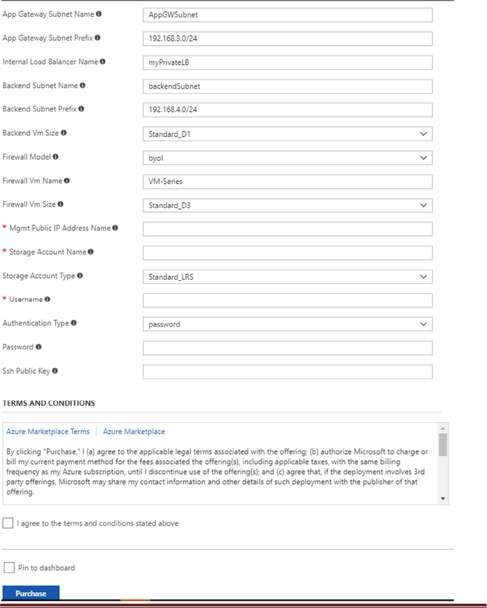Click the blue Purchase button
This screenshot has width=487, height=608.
coord(31,593)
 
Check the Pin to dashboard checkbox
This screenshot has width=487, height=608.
coord(9,568)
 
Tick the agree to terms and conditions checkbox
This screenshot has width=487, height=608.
coord(8,523)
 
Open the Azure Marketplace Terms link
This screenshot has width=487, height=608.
coord(48,431)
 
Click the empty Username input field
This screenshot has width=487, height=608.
coord(288,300)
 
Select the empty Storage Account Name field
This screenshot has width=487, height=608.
coord(288,253)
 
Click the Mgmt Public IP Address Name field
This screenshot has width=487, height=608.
coord(288,229)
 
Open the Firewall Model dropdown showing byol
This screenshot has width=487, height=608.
coord(288,158)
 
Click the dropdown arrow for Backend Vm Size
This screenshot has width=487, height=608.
coord(423,134)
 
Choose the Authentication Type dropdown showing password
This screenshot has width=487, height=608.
coord(288,324)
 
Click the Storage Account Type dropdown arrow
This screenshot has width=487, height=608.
coord(423,277)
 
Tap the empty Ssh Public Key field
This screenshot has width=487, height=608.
coord(288,372)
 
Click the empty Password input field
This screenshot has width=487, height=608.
coord(288,348)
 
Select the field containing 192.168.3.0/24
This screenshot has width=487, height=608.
coord(288,39)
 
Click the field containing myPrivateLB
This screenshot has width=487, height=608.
coord(288,62)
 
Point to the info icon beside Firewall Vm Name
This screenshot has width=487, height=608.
coord(67,180)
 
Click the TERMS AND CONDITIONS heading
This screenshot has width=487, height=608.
coord(49,403)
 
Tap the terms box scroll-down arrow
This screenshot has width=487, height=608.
coord(443,498)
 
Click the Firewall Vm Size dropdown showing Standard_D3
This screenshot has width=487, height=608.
coord(288,205)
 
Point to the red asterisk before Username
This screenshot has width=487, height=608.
coord(5,299)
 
